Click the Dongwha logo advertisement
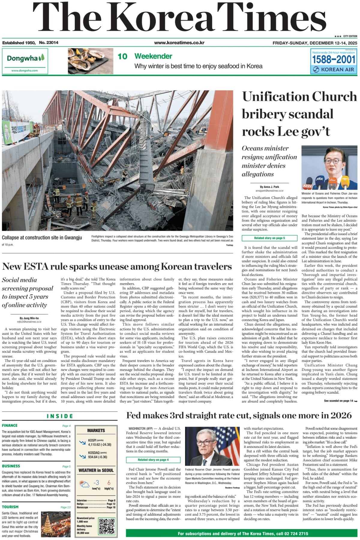point(25,61)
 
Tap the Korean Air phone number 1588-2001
point(333,59)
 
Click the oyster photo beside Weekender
point(90,61)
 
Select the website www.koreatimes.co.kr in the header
point(179,43)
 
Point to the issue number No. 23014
point(49,43)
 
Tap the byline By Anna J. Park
point(269,187)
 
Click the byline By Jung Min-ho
point(29,318)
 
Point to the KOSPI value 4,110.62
point(100,445)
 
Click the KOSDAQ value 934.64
point(97,457)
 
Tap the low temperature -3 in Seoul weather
point(96,483)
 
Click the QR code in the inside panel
point(107,526)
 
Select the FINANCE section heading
point(10,425)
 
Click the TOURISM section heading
point(10,507)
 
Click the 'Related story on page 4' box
point(153,460)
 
